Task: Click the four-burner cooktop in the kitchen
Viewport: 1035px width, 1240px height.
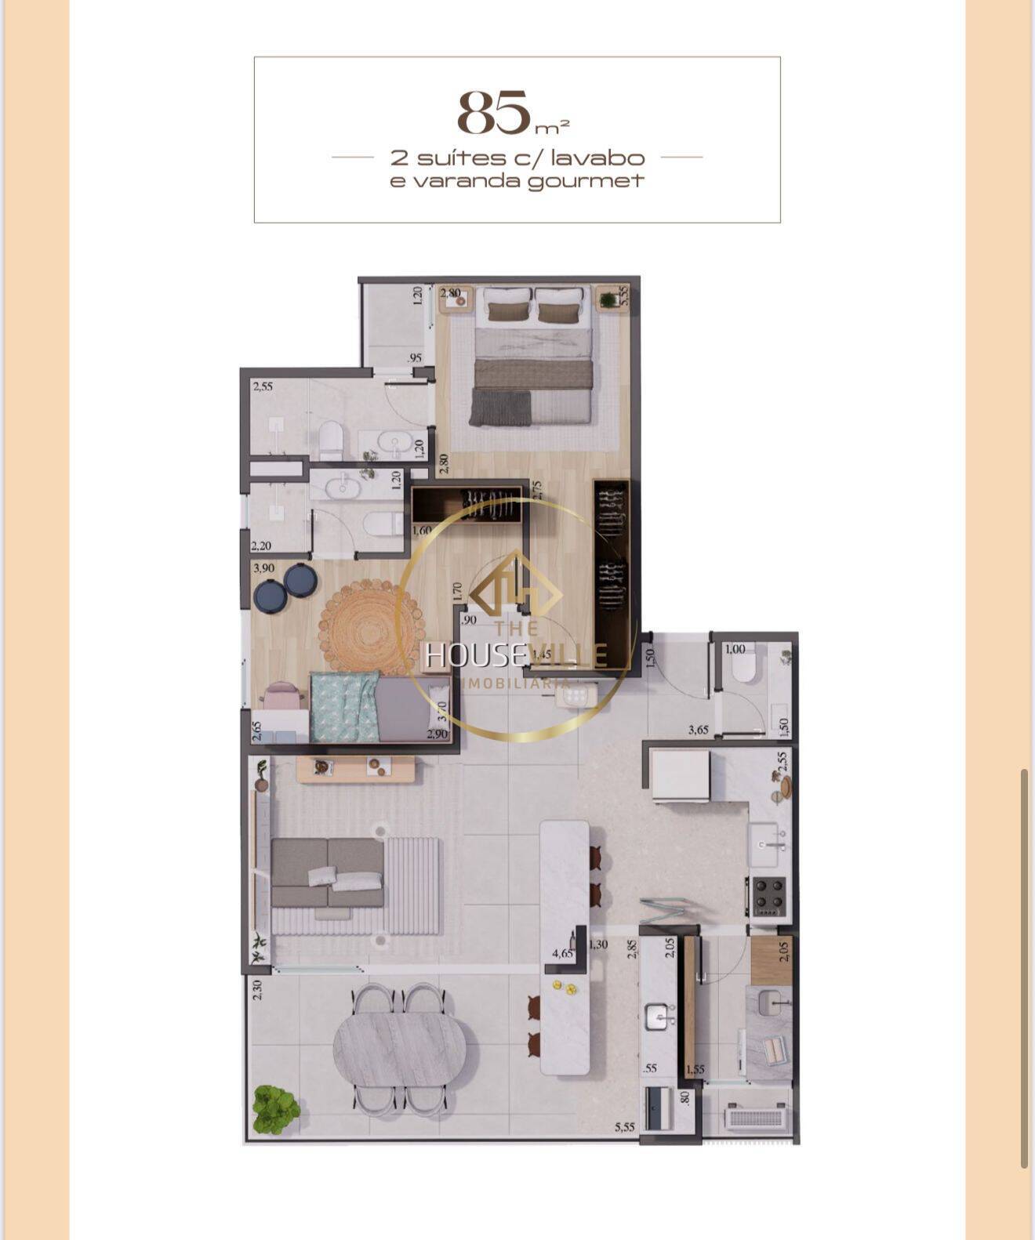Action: [x=769, y=896]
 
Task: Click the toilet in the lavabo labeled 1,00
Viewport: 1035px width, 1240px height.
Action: [x=742, y=667]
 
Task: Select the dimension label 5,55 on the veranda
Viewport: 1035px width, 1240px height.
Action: [x=625, y=1127]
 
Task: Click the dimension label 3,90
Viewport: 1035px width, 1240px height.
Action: [x=263, y=567]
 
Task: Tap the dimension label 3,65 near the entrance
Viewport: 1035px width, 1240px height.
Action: [x=698, y=730]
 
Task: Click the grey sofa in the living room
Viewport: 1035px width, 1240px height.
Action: [x=328, y=872]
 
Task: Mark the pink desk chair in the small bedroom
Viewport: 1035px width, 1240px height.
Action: [x=281, y=695]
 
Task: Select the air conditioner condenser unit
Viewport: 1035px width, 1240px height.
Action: [x=754, y=1116]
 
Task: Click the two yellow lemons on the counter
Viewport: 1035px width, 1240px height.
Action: [x=565, y=987]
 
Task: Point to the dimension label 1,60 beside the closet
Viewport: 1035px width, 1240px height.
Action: [x=422, y=530]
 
